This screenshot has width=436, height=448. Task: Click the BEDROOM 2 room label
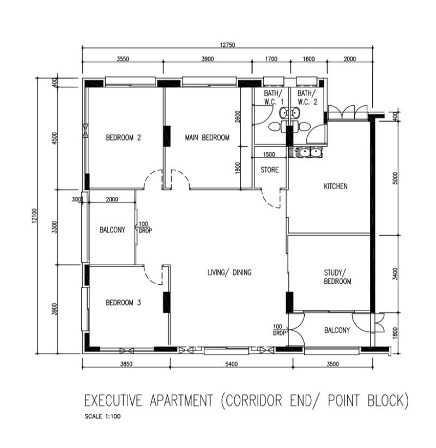click(x=123, y=138)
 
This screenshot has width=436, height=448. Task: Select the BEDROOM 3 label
click(x=123, y=303)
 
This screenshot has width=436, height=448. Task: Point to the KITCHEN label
click(x=335, y=187)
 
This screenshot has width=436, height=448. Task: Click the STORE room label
click(x=269, y=170)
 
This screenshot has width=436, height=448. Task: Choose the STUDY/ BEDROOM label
click(x=337, y=277)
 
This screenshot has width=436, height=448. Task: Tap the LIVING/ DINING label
click(x=229, y=272)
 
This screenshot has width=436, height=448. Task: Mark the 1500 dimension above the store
click(x=269, y=154)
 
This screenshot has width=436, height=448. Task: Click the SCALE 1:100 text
click(x=102, y=417)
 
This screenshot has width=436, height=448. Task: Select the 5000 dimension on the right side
click(x=396, y=178)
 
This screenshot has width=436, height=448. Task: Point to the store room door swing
click(x=271, y=200)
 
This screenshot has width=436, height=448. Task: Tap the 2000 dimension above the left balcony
click(x=112, y=200)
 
